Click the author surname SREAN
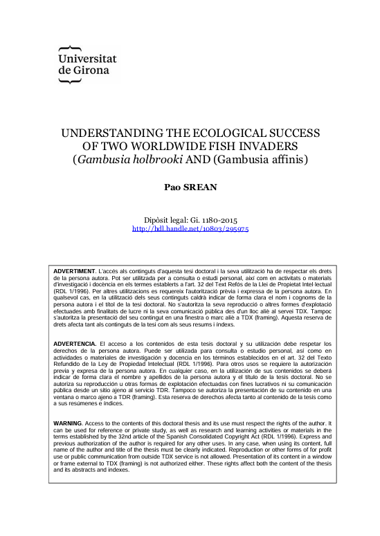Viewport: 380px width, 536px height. click(x=201, y=187)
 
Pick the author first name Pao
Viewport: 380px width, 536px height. click(x=172, y=187)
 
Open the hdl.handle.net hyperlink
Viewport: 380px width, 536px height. click(x=190, y=228)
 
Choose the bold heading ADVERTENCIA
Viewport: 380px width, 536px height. click(x=75, y=344)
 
